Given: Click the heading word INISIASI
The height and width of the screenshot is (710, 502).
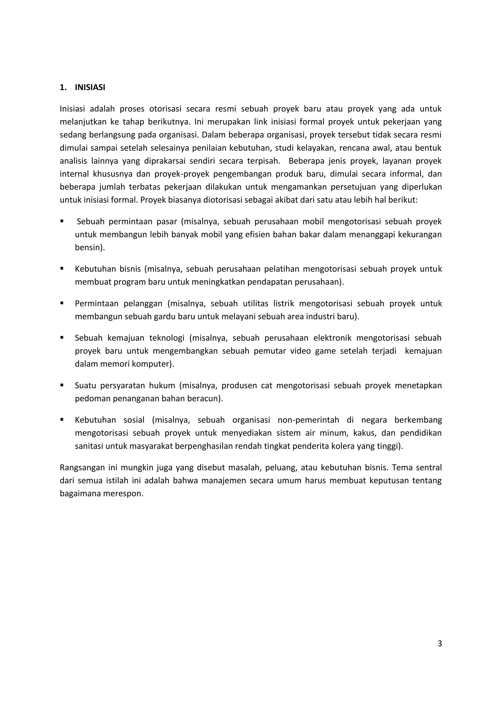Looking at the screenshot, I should [90, 88].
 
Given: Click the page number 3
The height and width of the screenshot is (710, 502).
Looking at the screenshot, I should [439, 644].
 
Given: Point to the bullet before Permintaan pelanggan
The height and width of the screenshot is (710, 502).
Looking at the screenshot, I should [62, 303].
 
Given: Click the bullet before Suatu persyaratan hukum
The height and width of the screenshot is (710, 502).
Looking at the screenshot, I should [62, 385].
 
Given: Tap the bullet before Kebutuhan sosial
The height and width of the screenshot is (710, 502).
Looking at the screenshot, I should [62, 420].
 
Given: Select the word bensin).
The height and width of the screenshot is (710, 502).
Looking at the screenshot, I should [90, 248].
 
